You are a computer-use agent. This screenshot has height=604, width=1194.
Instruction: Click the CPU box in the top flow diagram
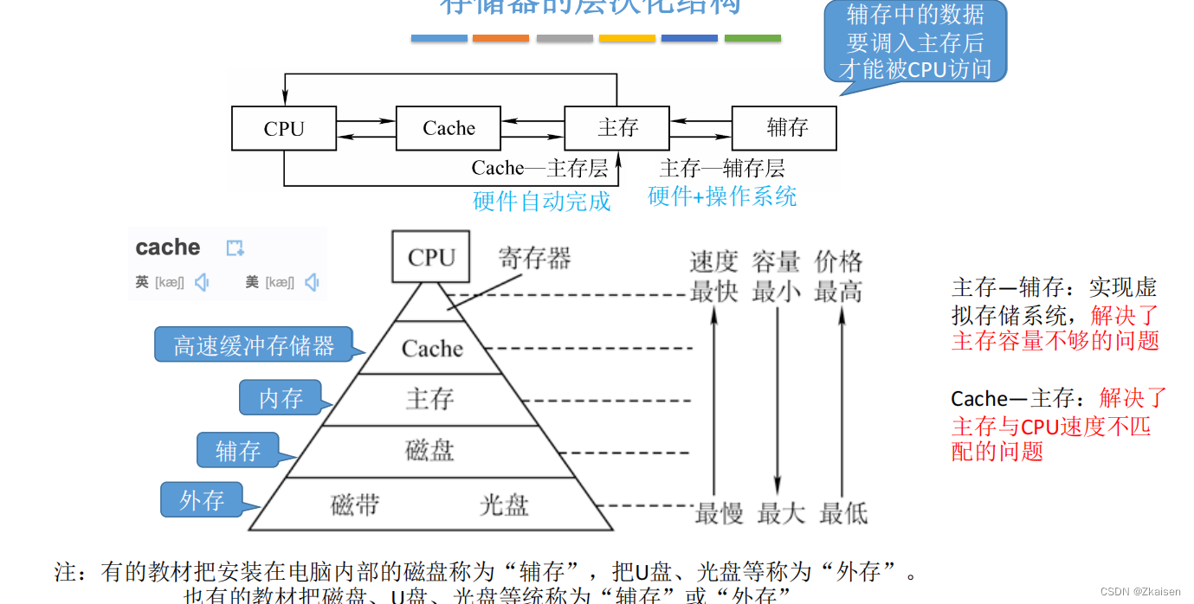click(284, 128)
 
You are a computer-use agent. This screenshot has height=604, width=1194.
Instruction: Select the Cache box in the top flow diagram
click(449, 128)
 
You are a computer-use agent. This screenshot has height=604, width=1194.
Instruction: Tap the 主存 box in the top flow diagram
click(616, 128)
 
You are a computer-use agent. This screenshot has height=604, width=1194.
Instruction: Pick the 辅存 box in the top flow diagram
click(784, 128)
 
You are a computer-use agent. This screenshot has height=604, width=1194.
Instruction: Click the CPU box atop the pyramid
click(431, 257)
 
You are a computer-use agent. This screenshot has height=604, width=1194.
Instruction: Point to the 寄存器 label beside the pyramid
click(534, 257)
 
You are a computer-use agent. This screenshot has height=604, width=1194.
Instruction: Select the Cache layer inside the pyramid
click(432, 349)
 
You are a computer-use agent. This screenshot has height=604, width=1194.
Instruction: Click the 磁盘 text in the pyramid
click(429, 451)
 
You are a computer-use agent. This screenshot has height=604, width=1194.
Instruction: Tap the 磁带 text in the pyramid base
click(355, 504)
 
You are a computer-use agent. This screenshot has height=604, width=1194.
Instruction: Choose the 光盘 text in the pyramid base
click(504, 504)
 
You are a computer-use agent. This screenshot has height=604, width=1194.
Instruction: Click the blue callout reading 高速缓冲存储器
click(254, 345)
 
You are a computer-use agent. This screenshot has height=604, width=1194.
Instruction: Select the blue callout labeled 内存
click(281, 398)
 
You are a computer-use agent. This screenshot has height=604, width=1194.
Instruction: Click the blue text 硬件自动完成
click(542, 202)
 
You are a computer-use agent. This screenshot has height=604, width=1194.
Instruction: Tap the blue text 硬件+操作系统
click(722, 196)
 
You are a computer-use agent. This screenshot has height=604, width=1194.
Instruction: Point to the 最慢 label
click(719, 513)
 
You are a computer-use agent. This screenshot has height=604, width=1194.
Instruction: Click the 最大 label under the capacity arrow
click(781, 513)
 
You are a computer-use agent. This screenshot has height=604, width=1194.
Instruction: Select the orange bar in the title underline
click(500, 38)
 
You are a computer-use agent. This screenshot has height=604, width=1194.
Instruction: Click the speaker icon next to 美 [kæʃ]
click(313, 282)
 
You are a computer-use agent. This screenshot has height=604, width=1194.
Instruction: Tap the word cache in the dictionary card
click(168, 247)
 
